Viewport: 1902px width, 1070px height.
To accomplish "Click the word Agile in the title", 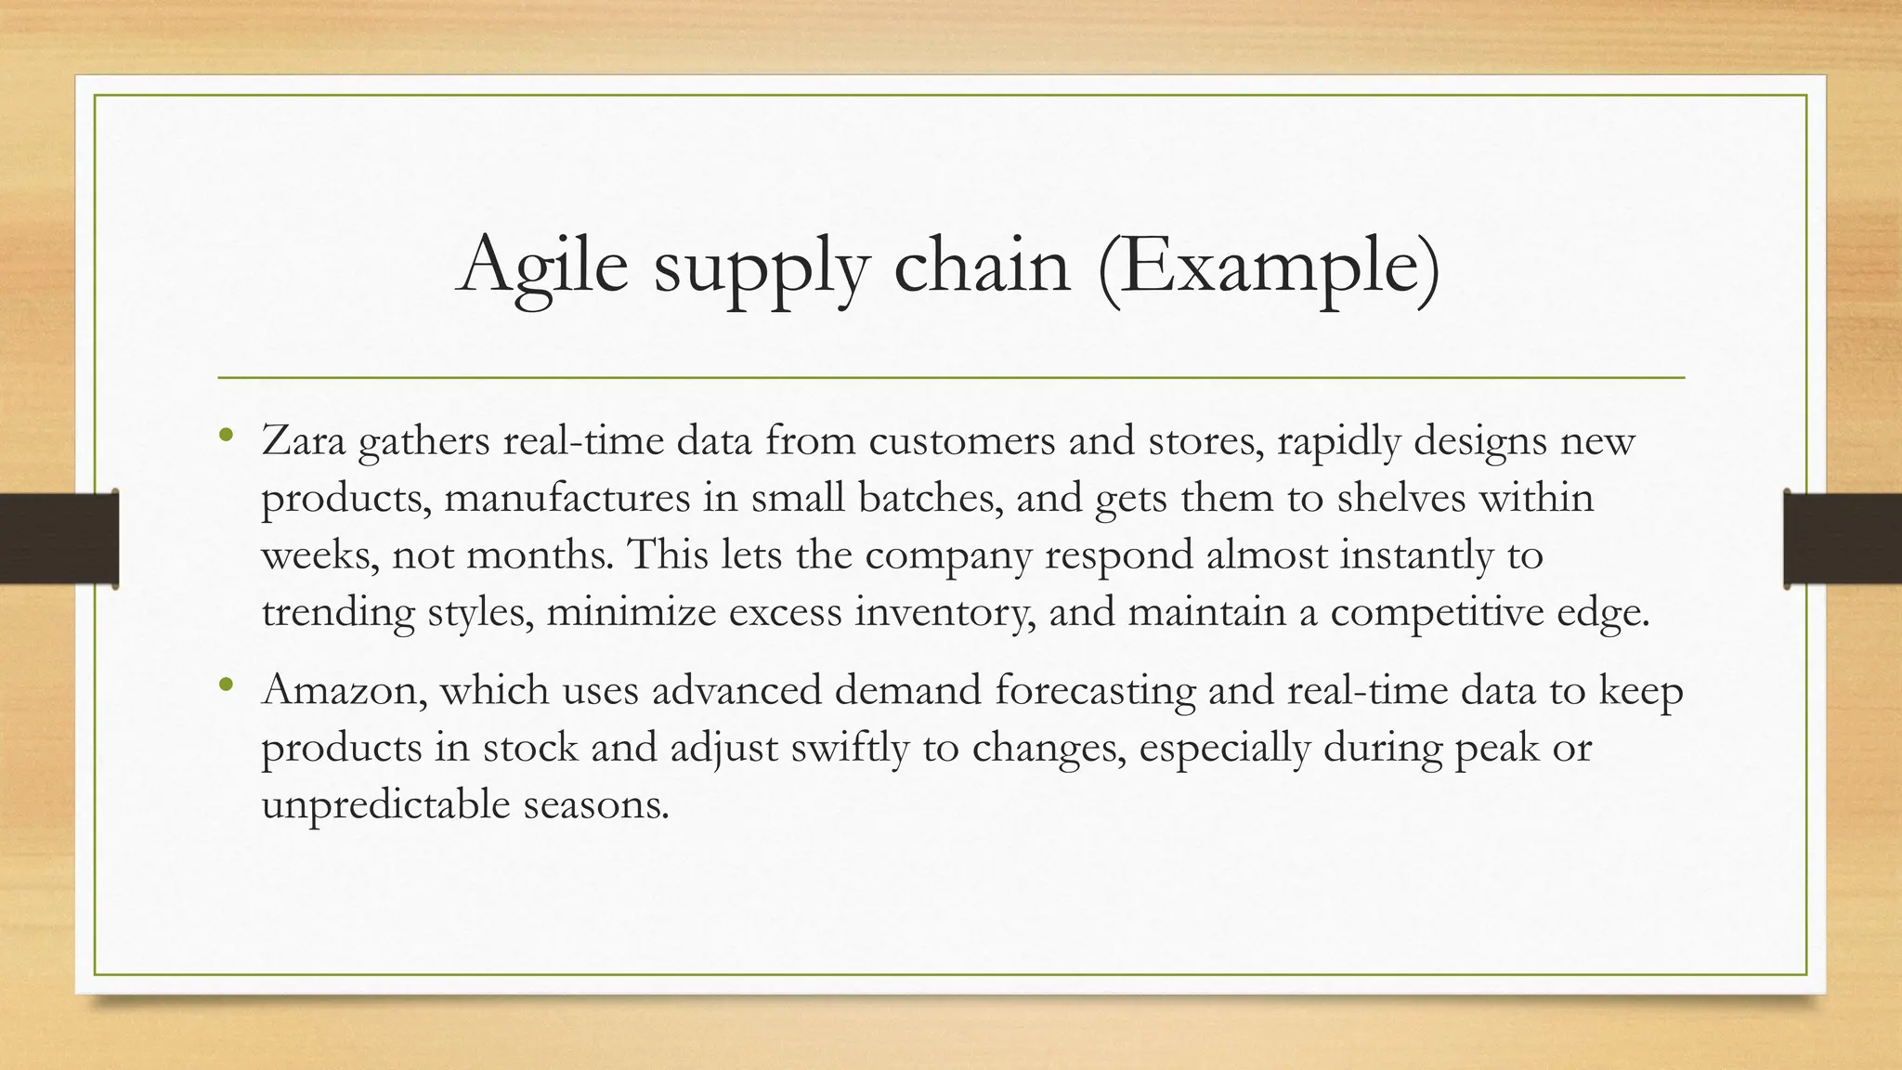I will click(542, 267).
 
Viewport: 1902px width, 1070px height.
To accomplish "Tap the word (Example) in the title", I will click(1269, 267).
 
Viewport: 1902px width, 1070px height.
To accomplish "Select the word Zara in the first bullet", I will click(303, 440).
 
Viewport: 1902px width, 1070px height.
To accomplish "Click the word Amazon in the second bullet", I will click(344, 691).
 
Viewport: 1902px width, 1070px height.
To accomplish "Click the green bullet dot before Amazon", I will click(226, 685).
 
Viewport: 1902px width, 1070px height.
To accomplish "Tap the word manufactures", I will click(567, 498).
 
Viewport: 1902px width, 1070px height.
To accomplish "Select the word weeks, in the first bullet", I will click(319, 555).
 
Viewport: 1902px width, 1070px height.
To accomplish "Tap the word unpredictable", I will click(385, 804).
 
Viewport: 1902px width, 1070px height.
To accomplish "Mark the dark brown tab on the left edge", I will click(59, 539).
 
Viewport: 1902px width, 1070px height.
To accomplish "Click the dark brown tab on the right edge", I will click(1843, 539).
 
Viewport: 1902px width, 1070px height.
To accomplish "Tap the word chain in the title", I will click(982, 267).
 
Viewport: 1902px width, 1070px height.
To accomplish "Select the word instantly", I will click(1422, 555).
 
